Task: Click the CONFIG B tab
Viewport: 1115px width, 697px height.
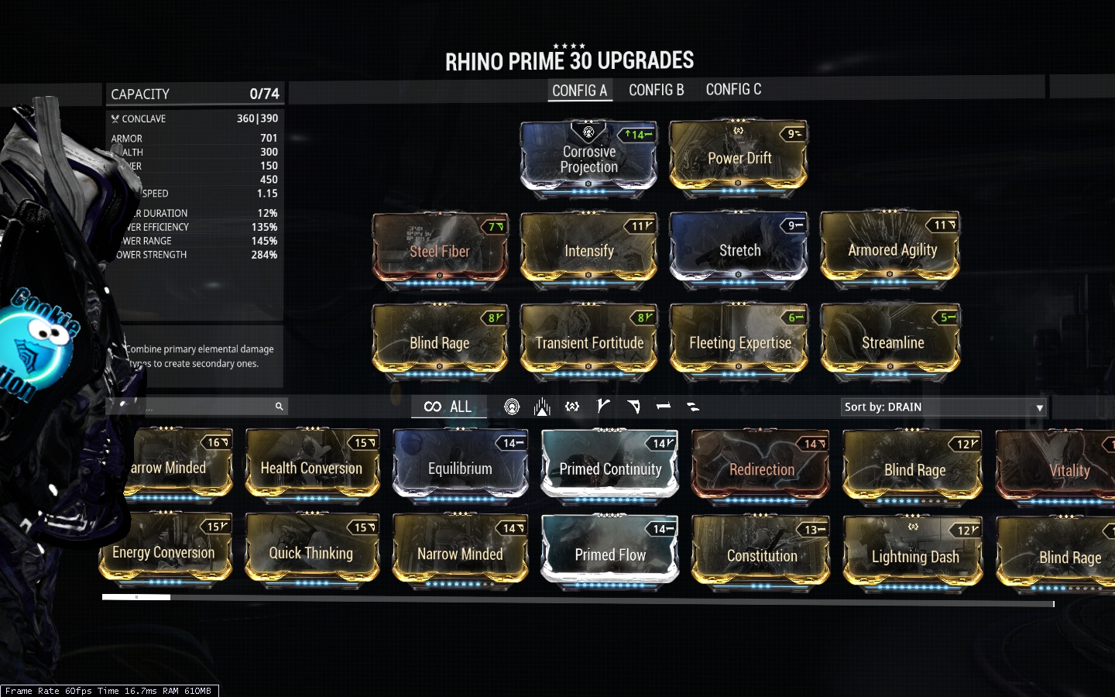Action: [656, 90]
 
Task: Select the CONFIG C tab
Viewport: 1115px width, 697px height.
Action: [733, 90]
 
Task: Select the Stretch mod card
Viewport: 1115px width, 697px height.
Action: [739, 249]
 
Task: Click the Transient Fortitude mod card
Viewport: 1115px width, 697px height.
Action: [588, 342]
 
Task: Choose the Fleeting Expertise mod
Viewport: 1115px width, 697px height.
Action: [739, 342]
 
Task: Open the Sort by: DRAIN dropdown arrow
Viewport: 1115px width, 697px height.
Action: [1039, 407]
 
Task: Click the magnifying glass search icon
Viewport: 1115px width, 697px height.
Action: [279, 407]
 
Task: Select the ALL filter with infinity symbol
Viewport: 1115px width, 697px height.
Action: [448, 407]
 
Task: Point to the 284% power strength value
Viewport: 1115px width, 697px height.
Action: [264, 255]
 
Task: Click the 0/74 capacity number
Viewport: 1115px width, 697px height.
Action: [264, 94]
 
